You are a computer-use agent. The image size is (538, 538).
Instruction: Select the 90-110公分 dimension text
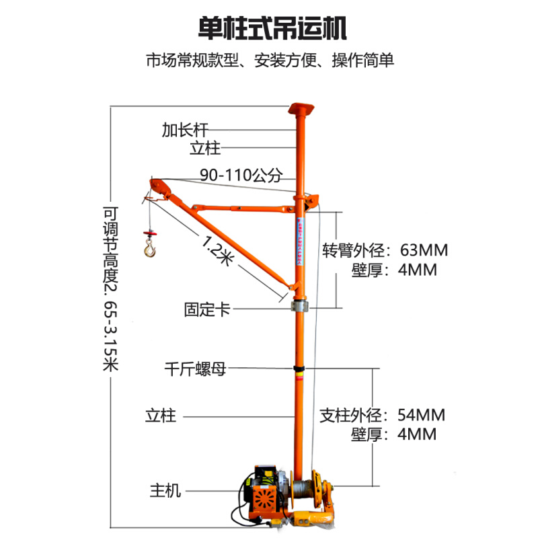click(x=241, y=176)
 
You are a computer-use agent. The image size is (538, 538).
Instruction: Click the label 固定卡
click(x=206, y=310)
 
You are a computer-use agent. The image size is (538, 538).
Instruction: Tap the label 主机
click(x=165, y=491)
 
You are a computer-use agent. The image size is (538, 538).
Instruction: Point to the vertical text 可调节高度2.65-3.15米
click(x=110, y=289)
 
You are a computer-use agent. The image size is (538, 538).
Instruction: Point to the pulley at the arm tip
click(x=155, y=186)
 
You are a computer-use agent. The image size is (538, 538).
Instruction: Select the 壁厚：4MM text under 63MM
click(x=394, y=270)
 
